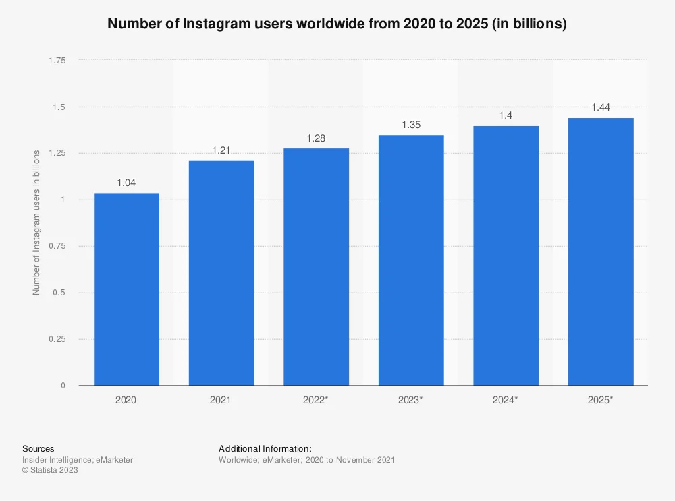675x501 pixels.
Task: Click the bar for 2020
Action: [126, 289]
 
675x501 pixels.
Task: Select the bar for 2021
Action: [221, 273]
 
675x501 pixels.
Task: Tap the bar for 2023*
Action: [411, 260]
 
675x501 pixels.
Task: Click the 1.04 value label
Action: [126, 183]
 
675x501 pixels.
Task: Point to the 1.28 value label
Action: [316, 138]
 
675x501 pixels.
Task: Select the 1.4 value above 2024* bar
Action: [506, 116]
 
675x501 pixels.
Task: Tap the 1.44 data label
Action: [601, 108]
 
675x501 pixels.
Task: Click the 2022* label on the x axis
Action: [316, 400]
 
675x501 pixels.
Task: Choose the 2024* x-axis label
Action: [506, 400]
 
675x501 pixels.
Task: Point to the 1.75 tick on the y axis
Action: [57, 61]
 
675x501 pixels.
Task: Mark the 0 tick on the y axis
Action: [63, 386]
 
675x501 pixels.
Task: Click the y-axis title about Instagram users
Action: [36, 223]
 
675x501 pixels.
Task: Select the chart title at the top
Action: [337, 24]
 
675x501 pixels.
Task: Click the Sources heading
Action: [38, 449]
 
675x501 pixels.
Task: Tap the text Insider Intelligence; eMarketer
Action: [78, 460]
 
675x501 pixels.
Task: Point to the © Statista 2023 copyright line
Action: [50, 471]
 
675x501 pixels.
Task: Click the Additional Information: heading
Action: [265, 449]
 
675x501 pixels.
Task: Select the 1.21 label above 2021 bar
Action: [221, 150]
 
